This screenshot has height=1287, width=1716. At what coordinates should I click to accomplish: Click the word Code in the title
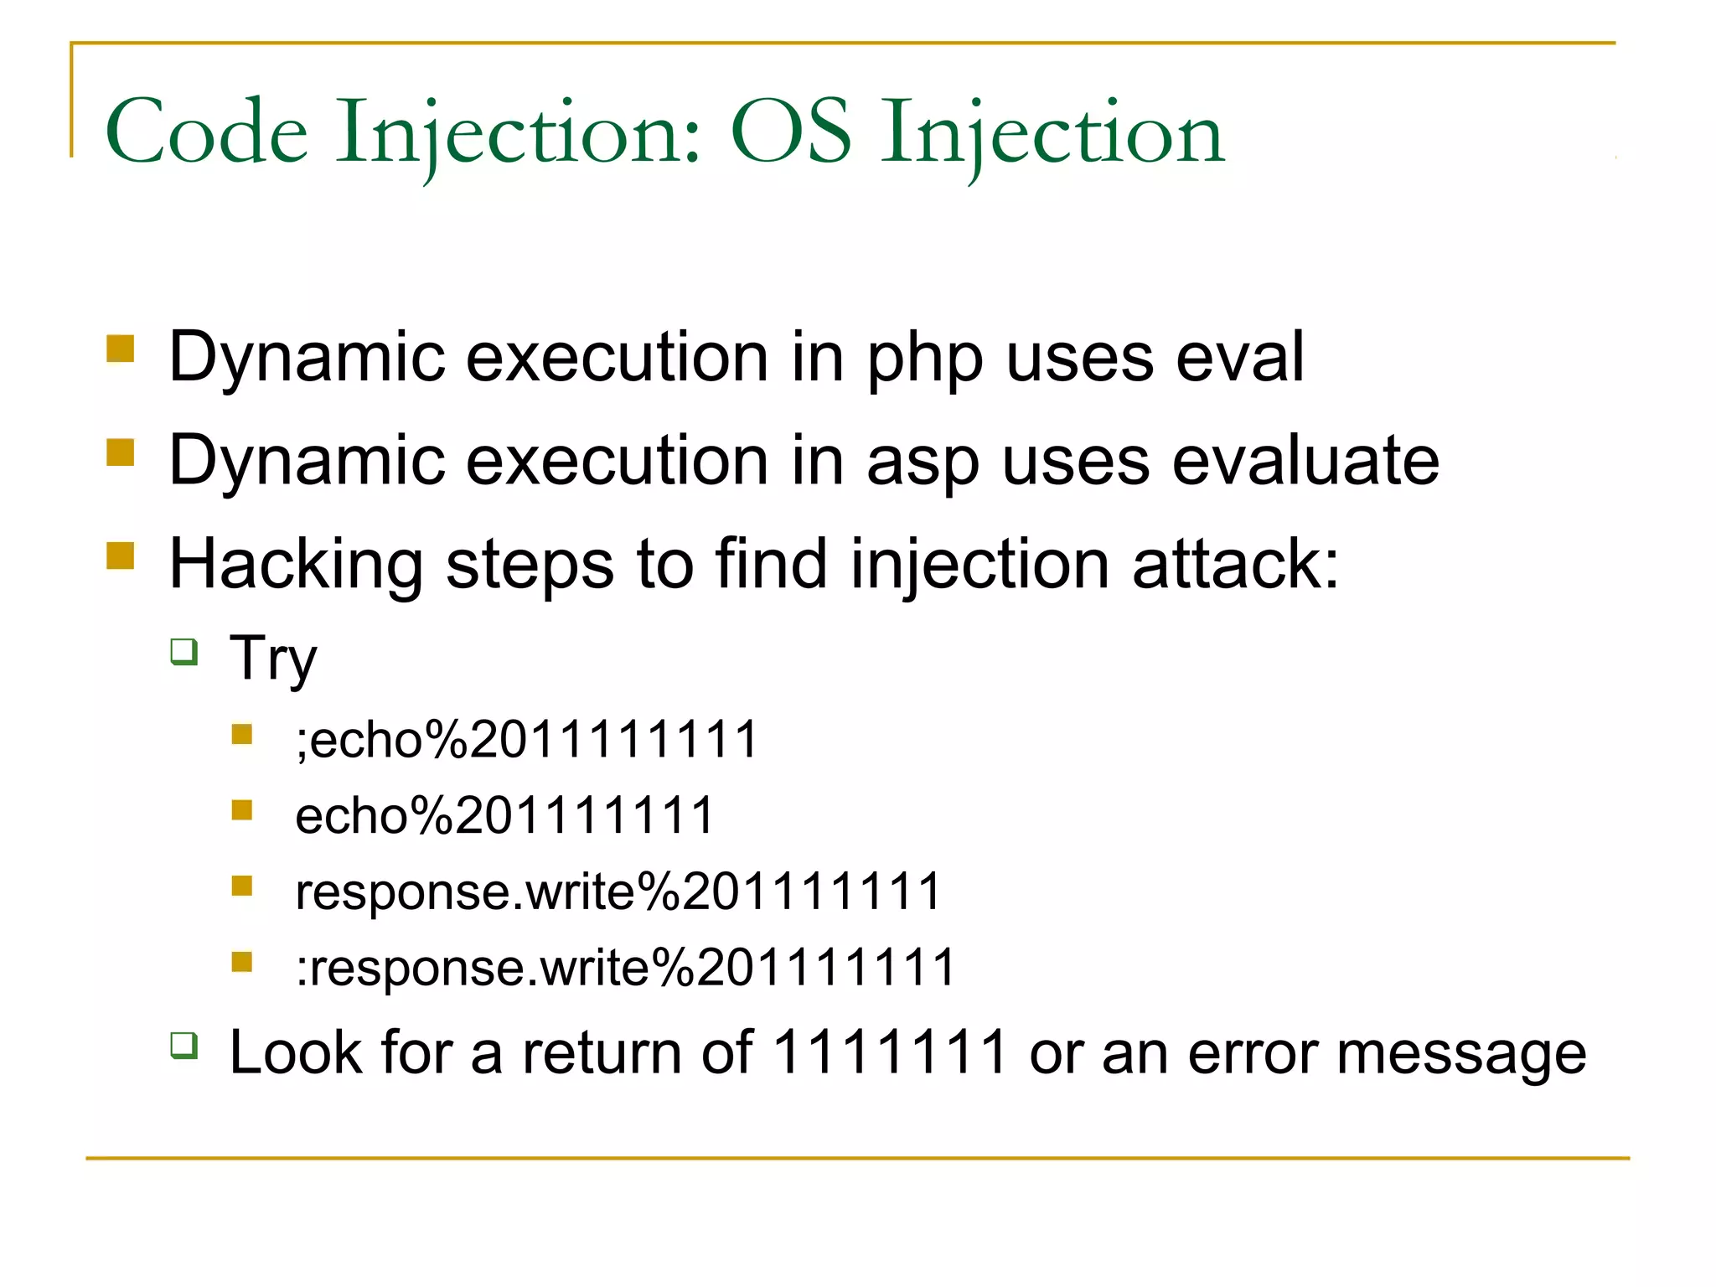[206, 132]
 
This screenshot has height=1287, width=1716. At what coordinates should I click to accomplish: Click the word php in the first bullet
[924, 359]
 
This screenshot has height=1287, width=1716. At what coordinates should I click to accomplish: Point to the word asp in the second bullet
[922, 463]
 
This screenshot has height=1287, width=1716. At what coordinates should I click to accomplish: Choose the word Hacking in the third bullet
[296, 566]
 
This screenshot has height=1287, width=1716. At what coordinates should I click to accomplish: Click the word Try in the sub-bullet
[273, 659]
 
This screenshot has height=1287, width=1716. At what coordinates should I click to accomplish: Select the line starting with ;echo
[526, 739]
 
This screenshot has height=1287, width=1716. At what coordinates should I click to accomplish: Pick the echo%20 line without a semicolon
[504, 815]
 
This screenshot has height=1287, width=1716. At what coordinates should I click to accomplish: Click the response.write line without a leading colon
[618, 891]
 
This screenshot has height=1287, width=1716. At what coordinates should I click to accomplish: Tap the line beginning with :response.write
[625, 967]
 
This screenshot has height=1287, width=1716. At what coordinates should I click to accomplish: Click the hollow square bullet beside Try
[184, 651]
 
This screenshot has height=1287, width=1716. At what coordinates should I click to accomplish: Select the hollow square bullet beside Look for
[184, 1045]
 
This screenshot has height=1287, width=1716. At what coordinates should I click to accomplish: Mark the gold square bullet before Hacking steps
[121, 556]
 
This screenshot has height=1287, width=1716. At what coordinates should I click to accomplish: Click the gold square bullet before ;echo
[242, 735]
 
